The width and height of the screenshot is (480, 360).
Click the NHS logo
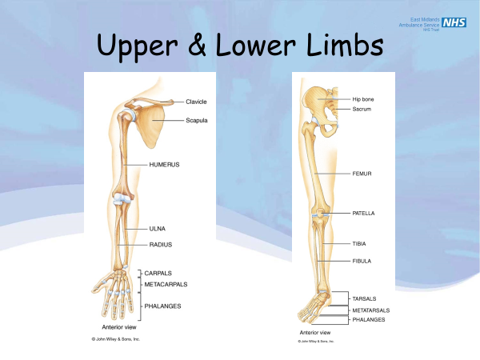coord(454,24)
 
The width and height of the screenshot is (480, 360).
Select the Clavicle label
coord(197,102)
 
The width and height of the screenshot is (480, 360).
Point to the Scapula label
coord(197,120)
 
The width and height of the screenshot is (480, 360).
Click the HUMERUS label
coord(164,164)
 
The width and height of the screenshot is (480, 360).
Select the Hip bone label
coord(363,99)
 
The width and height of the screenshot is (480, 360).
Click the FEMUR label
coord(362,173)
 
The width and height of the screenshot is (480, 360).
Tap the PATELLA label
coord(364,214)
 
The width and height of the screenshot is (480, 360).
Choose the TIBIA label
coord(360,243)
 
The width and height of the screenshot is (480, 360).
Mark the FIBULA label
coord(362,261)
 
